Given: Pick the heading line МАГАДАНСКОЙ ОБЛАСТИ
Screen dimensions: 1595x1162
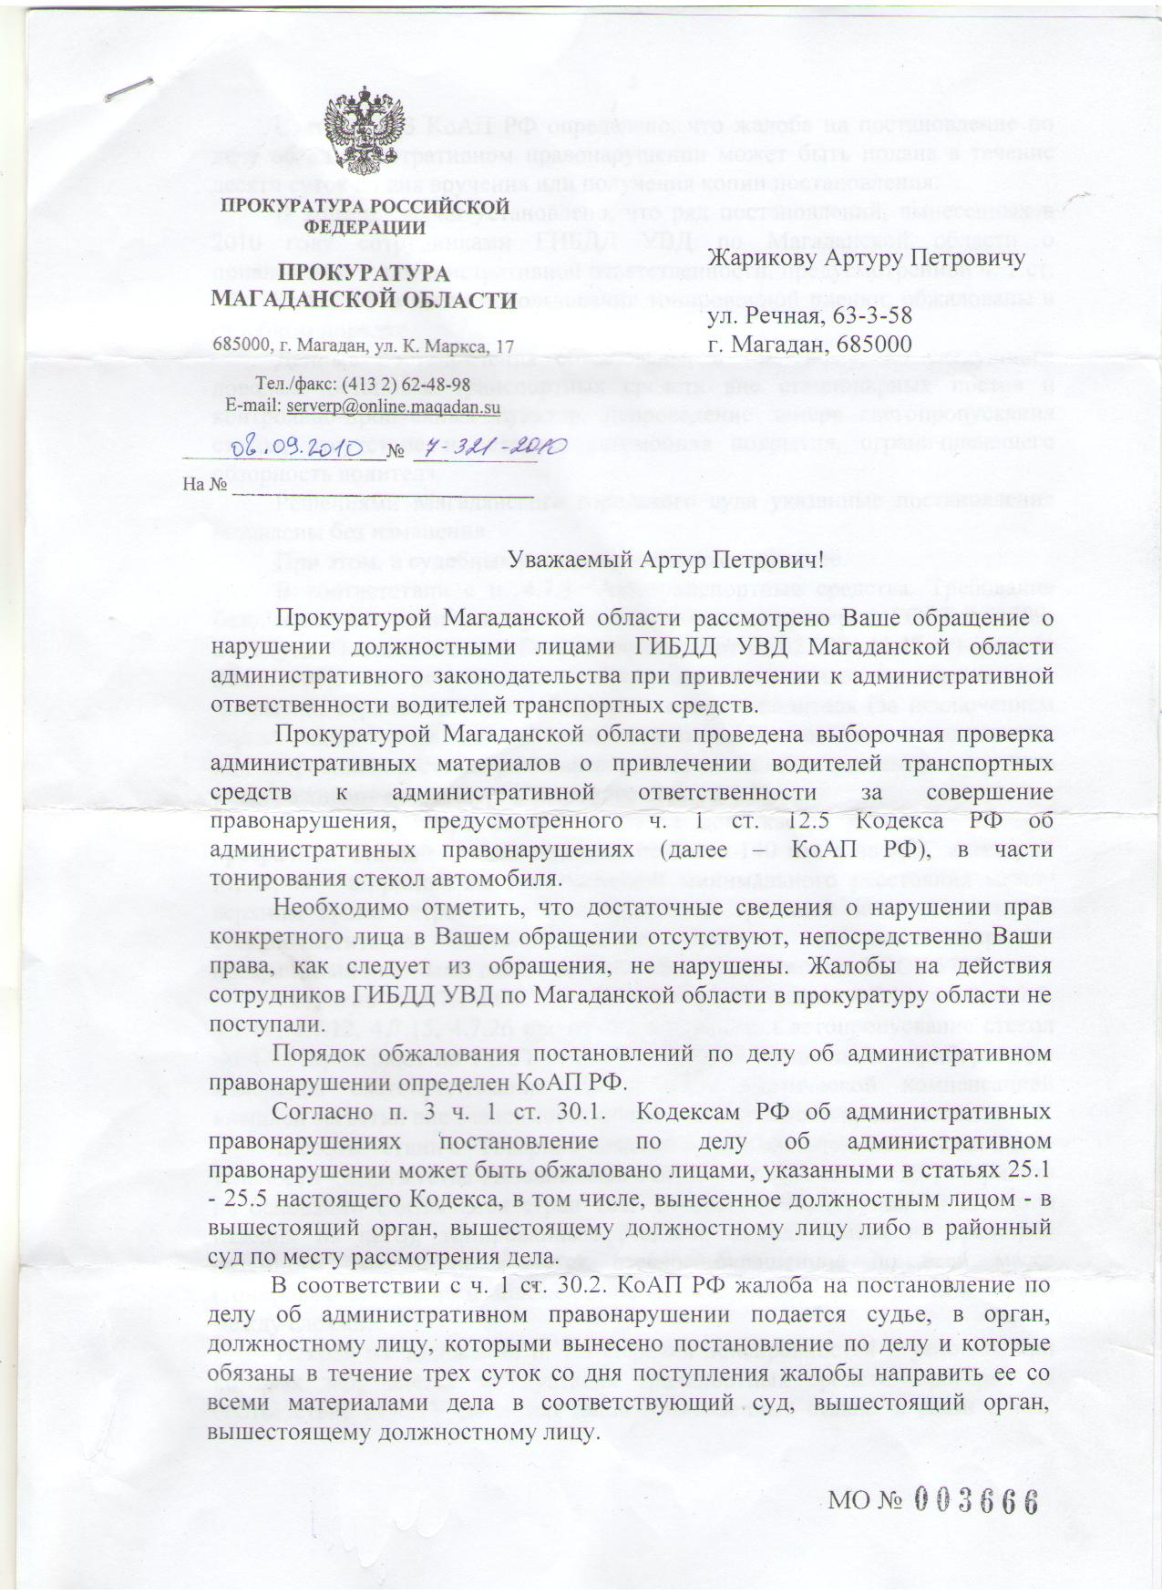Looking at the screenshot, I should (x=365, y=299).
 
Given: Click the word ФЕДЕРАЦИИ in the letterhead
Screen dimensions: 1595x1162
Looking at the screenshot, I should (x=364, y=226).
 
